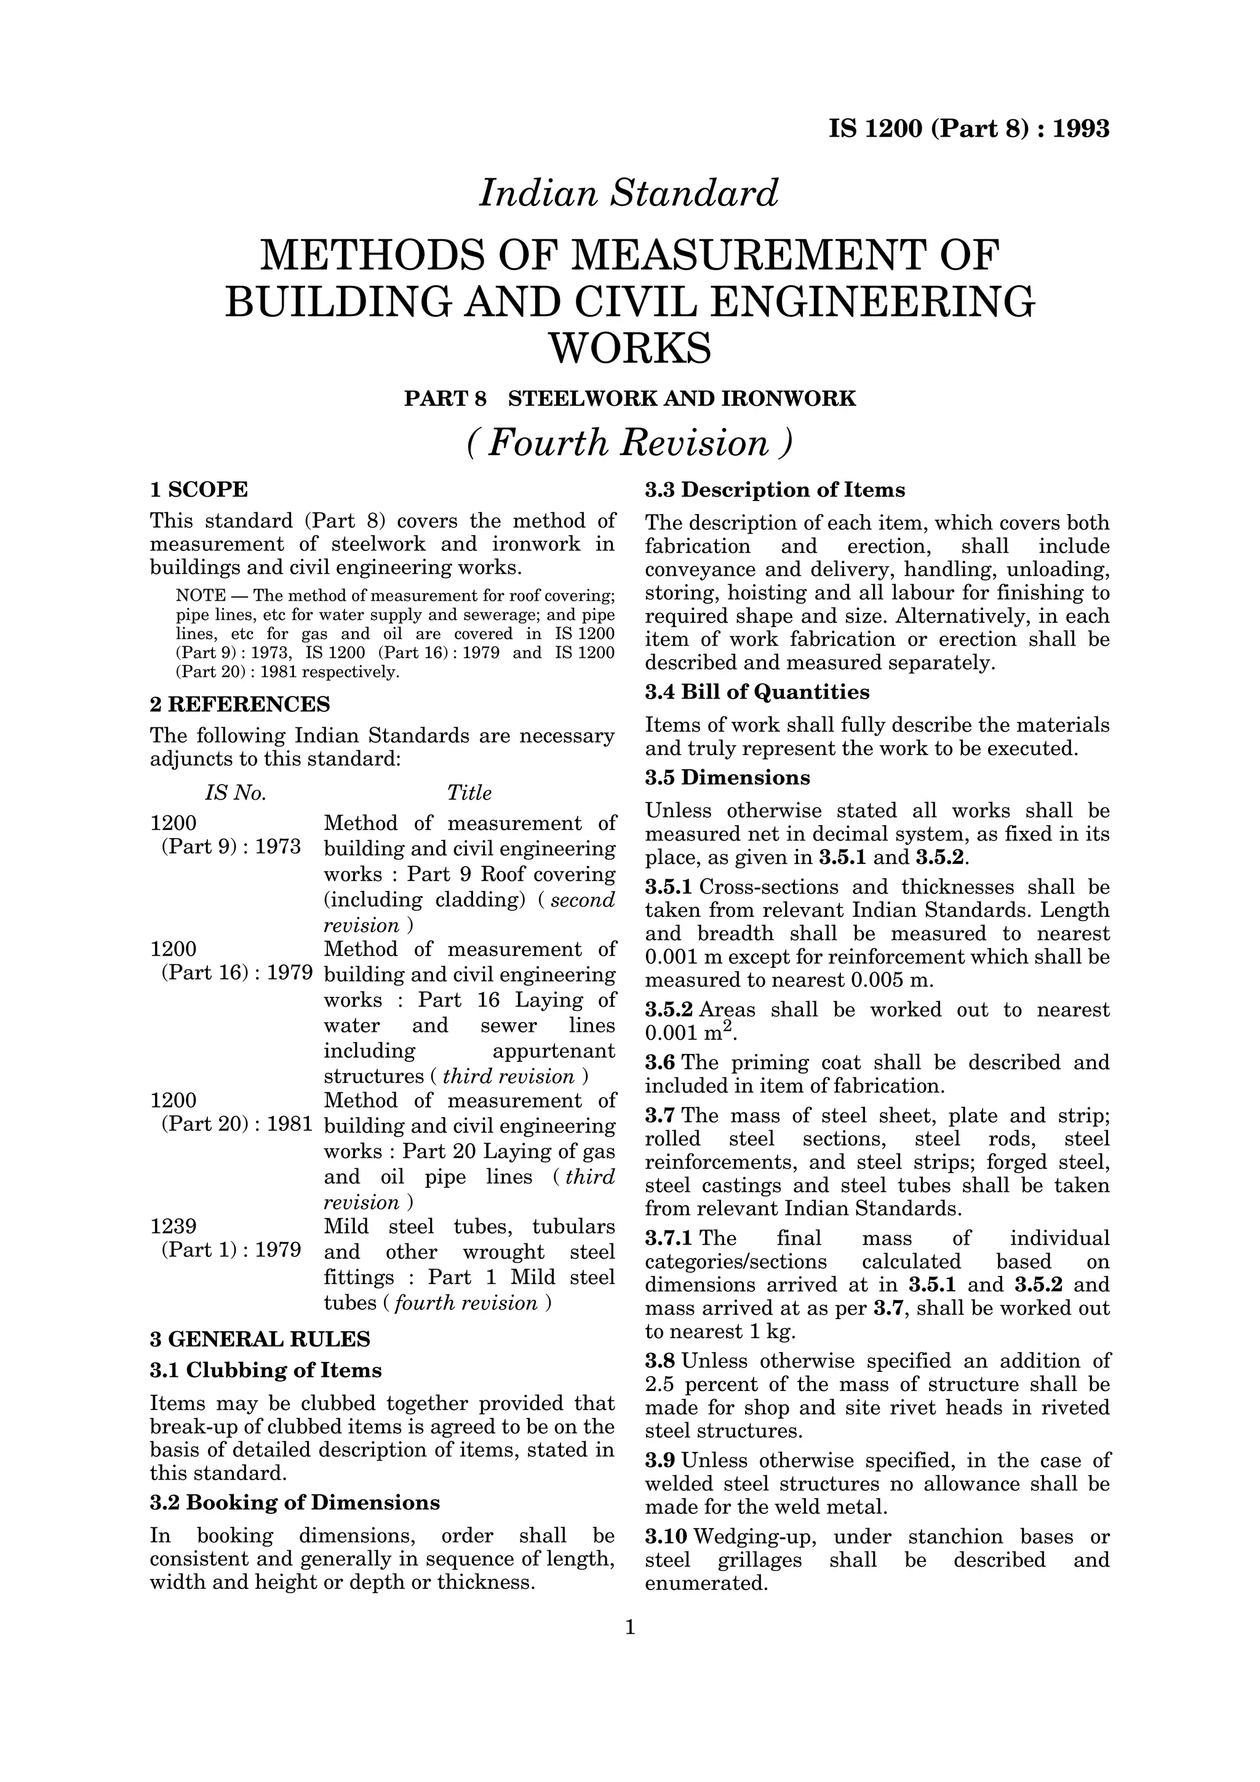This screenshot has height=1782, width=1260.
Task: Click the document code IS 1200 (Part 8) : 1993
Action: (x=969, y=129)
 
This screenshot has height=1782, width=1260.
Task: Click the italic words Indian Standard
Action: (x=629, y=193)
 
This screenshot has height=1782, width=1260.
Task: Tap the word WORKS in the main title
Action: (x=629, y=349)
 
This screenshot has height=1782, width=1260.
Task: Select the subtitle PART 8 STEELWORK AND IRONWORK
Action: (x=629, y=399)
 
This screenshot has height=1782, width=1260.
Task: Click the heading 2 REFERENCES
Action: (x=239, y=704)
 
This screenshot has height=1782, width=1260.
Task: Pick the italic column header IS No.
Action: (x=235, y=793)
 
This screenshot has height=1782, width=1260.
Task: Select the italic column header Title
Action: (x=469, y=793)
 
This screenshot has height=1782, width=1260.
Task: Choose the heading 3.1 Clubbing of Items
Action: (x=266, y=1370)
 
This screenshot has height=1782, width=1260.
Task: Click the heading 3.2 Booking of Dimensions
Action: (x=294, y=1503)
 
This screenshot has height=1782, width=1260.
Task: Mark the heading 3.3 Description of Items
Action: (x=775, y=491)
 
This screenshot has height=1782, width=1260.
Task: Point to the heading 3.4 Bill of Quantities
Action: (x=757, y=692)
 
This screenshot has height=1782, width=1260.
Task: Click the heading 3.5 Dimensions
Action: (x=727, y=778)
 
